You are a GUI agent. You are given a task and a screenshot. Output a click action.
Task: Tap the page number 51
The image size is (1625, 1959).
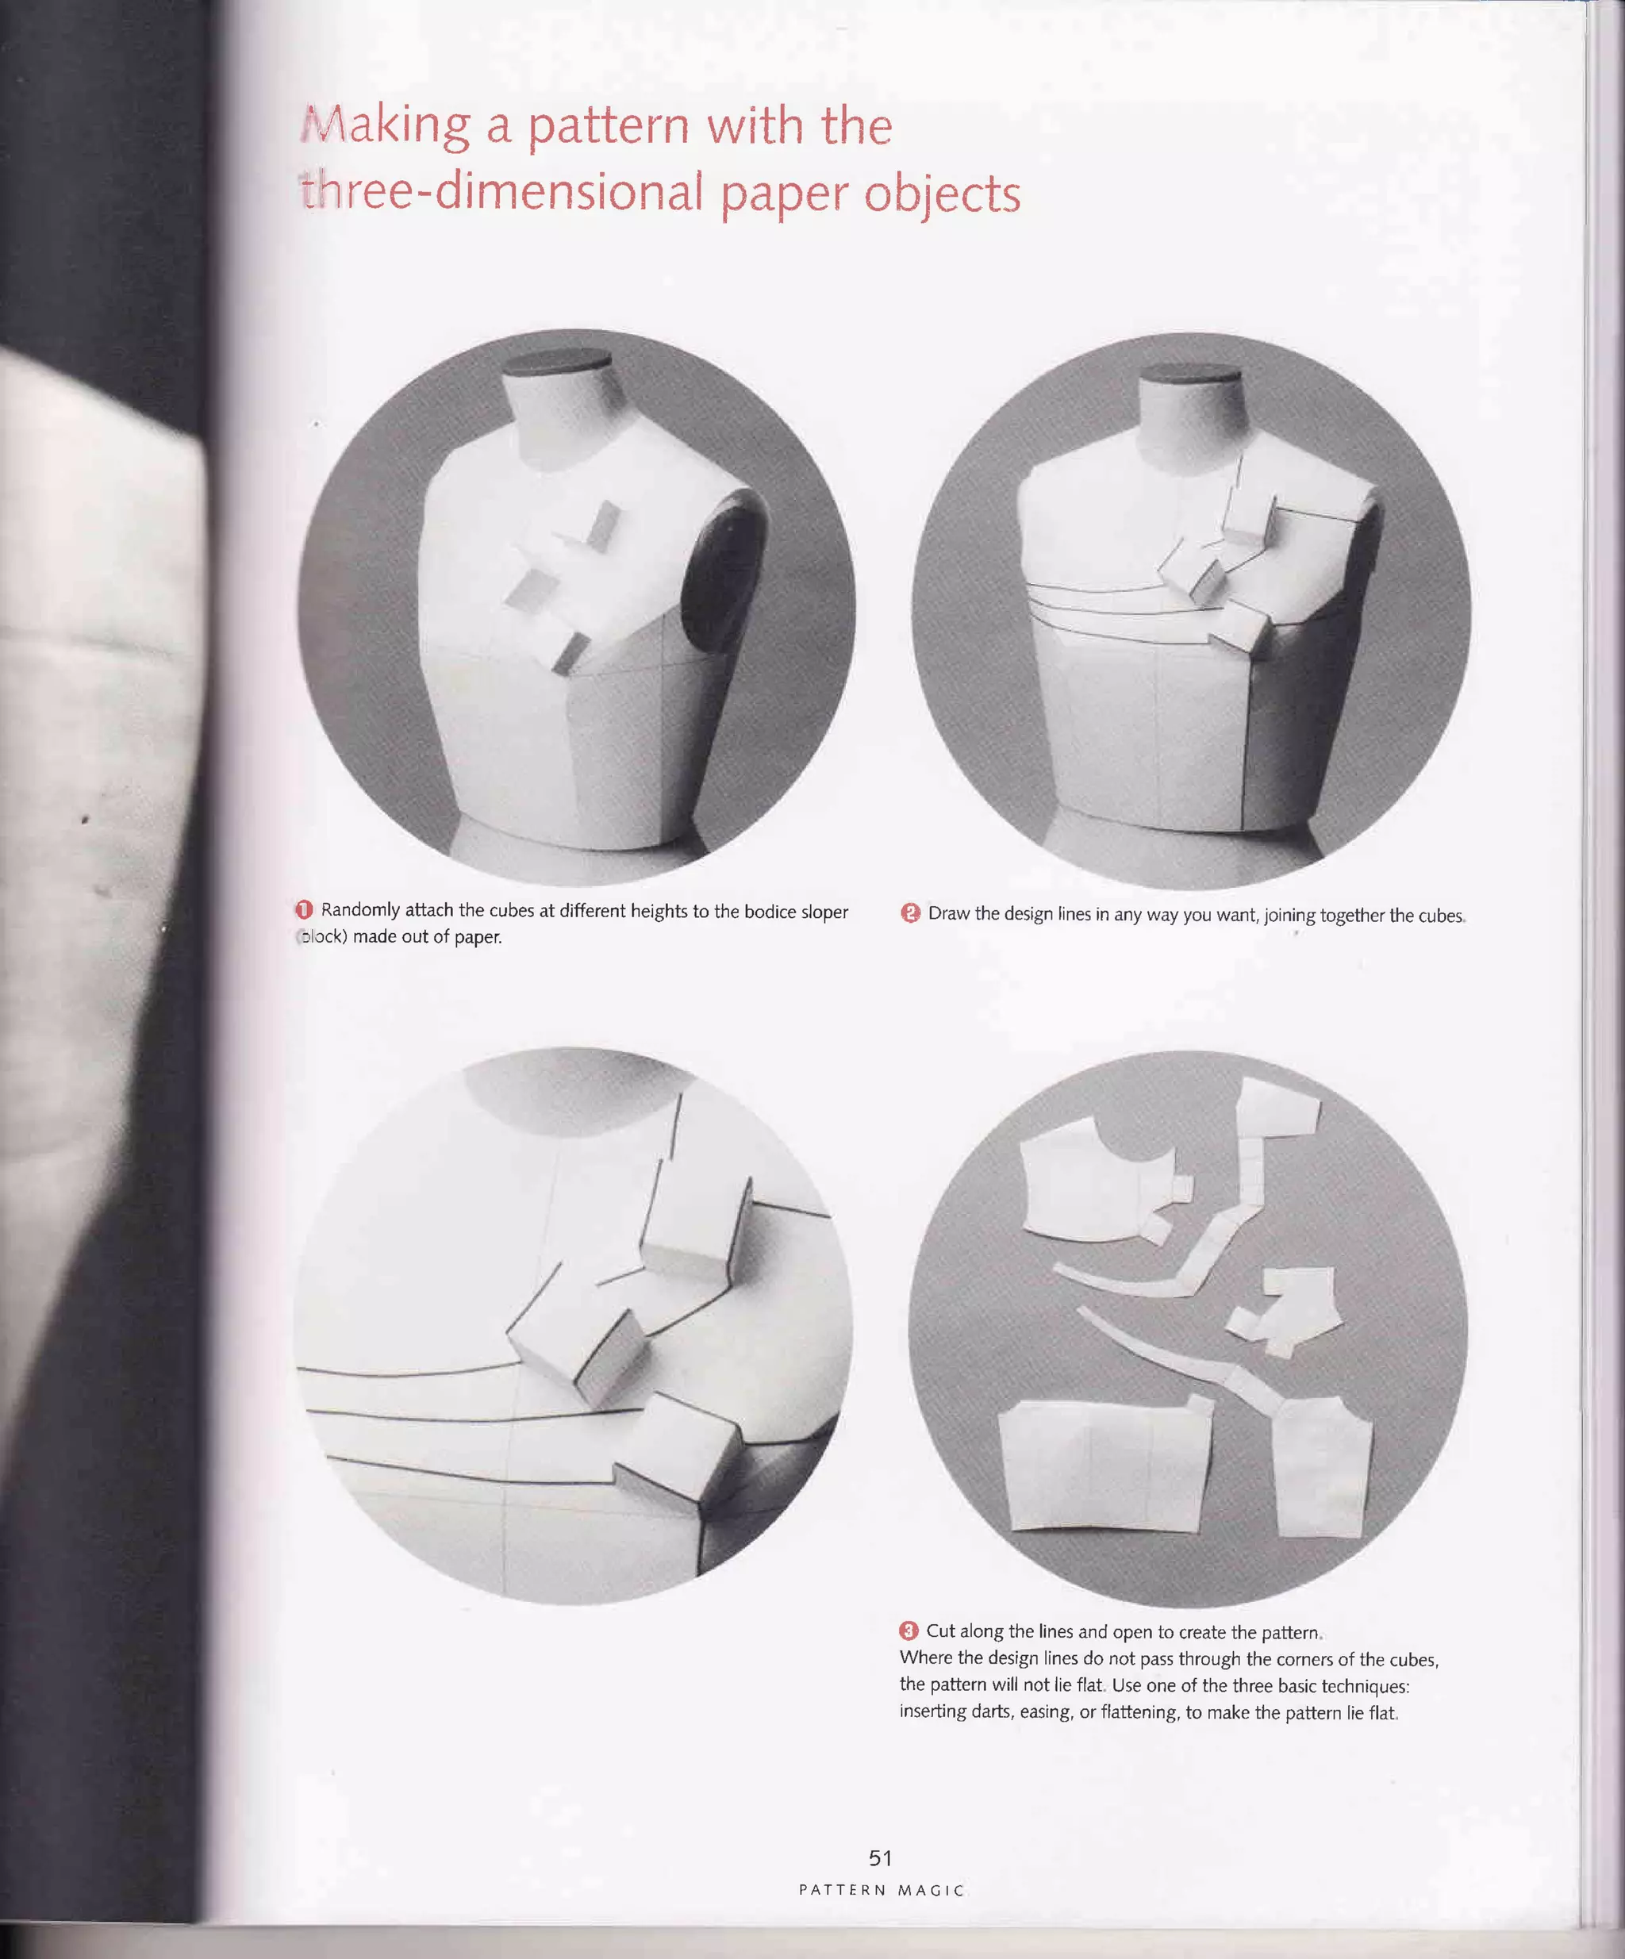(880, 1857)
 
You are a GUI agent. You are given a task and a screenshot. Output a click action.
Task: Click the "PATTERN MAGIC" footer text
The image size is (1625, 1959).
(882, 1890)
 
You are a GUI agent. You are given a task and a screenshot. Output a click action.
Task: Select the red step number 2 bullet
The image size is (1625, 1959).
(910, 913)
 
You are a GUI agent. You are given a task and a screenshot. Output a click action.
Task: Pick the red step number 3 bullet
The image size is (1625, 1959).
(909, 1631)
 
